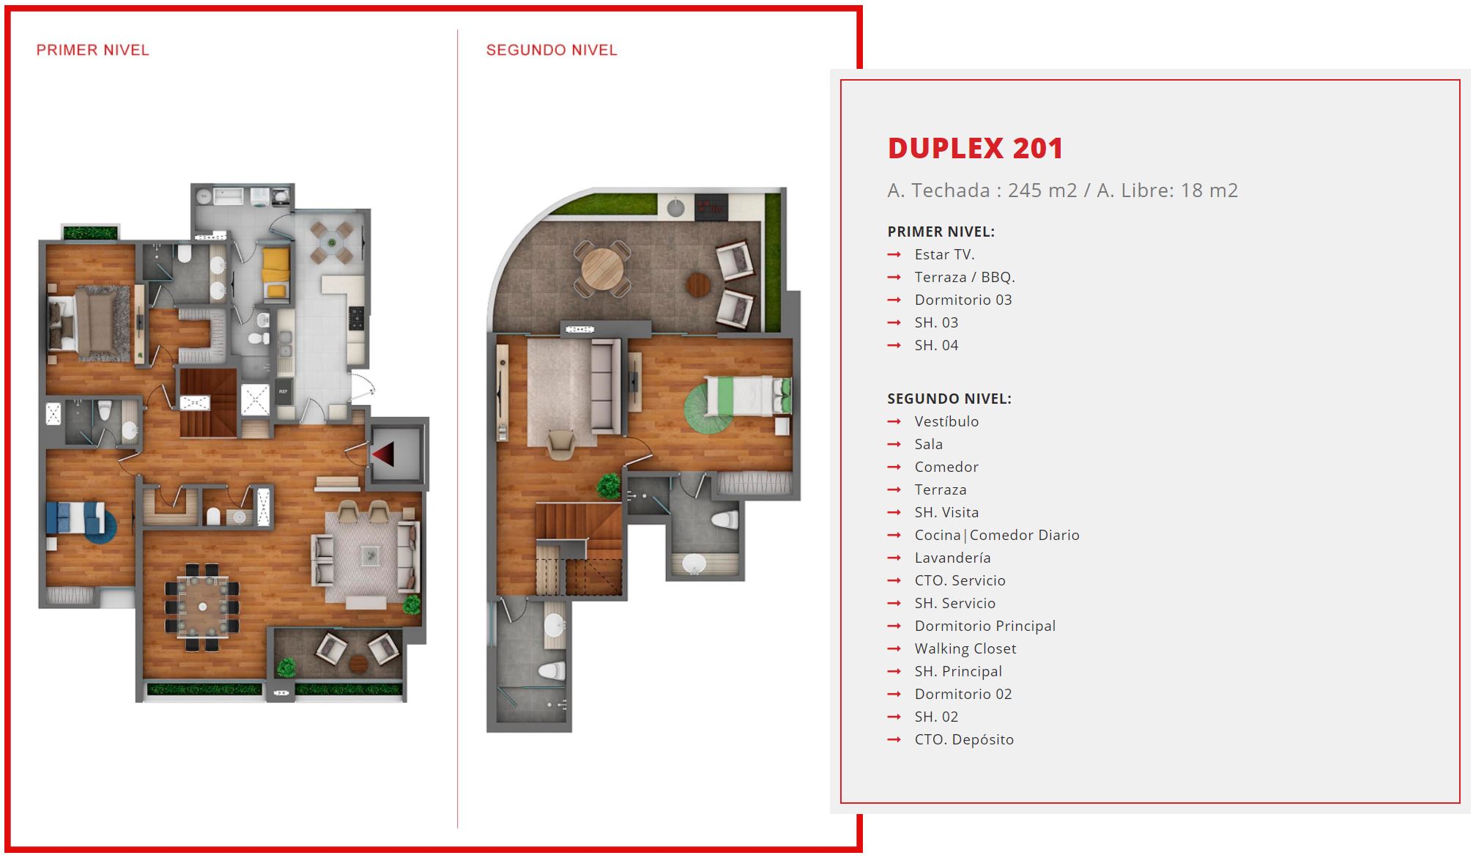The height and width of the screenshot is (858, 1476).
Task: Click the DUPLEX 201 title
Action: click(975, 149)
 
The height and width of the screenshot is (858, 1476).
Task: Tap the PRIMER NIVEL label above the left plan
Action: click(93, 51)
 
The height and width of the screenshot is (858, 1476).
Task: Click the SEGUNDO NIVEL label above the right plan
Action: click(552, 51)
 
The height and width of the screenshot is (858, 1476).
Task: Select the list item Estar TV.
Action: click(944, 255)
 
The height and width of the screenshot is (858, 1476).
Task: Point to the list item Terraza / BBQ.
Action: click(965, 278)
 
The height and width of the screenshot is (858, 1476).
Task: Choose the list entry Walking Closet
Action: click(965, 649)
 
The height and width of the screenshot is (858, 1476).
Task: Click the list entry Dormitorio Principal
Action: click(985, 626)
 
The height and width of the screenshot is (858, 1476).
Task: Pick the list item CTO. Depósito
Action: click(964, 740)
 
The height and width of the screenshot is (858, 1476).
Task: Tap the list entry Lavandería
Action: click(952, 558)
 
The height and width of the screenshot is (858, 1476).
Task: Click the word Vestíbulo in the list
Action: click(946, 422)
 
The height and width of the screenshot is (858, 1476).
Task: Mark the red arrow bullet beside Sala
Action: click(894, 445)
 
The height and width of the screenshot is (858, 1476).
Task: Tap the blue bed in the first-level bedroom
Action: click(76, 517)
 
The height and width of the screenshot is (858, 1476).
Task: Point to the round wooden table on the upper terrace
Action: click(602, 269)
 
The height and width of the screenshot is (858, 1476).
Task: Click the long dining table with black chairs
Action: click(203, 607)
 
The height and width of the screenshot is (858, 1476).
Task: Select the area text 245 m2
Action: click(1042, 191)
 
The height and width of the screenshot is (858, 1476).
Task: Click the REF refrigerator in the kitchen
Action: click(283, 393)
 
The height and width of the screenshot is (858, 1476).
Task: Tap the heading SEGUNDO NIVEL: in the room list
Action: click(949, 399)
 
